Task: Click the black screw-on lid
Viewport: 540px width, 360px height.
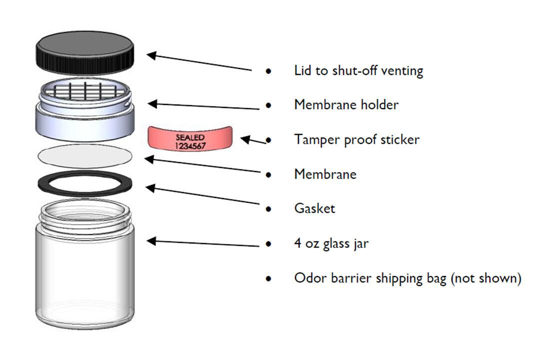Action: coord(84,52)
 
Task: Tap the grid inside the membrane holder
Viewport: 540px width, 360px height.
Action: coord(85,91)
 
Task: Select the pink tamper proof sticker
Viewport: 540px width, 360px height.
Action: coord(190,138)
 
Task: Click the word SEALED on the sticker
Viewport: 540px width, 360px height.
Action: coord(190,137)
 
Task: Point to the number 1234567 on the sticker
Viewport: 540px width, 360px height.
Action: coord(190,146)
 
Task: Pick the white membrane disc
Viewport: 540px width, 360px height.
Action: coord(84,156)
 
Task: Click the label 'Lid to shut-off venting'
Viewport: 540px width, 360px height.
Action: coord(358,70)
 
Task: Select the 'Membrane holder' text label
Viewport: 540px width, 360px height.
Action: coord(346,104)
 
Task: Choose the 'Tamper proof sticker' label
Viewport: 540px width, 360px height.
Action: coord(357,139)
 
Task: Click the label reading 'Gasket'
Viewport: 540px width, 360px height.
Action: coord(314,208)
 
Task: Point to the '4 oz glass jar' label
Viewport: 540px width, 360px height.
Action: coord(331,243)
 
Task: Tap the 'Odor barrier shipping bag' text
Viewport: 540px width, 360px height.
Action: coord(370,278)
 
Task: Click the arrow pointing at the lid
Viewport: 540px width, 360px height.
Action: coord(199,62)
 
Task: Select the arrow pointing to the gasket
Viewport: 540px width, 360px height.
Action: coord(202,195)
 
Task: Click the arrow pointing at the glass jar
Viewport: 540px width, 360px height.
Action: coord(203,243)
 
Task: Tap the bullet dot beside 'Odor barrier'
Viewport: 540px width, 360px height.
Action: coord(268,278)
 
